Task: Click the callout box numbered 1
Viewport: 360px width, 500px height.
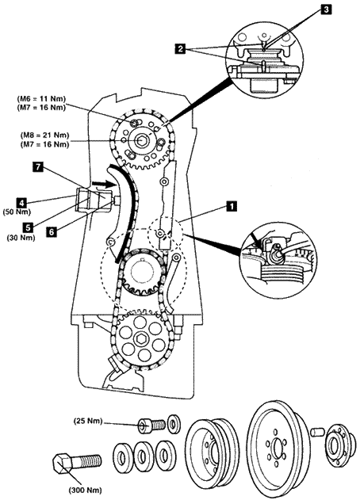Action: (x=232, y=206)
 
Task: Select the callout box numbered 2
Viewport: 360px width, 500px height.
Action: (x=180, y=49)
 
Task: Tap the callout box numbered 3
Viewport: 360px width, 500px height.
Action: (x=326, y=10)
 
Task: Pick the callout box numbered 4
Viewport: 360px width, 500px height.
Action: (x=21, y=202)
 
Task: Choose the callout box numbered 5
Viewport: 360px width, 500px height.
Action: (x=28, y=227)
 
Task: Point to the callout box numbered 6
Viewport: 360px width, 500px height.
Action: (x=52, y=232)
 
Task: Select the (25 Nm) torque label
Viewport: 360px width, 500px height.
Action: (x=88, y=421)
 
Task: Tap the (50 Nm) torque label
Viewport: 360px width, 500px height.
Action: (x=16, y=212)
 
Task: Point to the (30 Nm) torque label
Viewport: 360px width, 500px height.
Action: (x=21, y=238)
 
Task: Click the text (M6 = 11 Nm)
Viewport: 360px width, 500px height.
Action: (x=41, y=100)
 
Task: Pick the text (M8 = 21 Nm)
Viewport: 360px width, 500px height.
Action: (x=44, y=135)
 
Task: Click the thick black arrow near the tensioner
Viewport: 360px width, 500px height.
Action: (x=104, y=184)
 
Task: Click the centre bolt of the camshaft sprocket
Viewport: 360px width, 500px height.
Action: (x=140, y=140)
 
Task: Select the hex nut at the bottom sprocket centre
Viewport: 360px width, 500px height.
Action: (x=140, y=339)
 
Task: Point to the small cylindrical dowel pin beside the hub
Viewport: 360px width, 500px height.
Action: (x=317, y=433)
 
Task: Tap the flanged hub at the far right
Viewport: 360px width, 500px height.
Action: (x=338, y=445)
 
